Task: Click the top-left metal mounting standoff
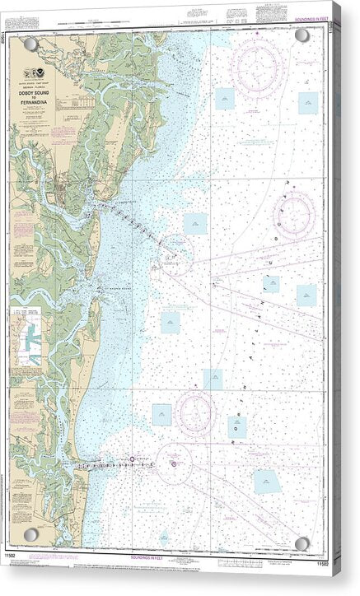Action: point(30,42)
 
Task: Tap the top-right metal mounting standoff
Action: point(302,35)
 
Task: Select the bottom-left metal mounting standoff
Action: point(30,534)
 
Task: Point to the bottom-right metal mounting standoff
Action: point(302,543)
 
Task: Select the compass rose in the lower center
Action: point(194,409)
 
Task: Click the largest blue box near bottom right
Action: point(267,482)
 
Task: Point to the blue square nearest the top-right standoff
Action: point(308,102)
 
